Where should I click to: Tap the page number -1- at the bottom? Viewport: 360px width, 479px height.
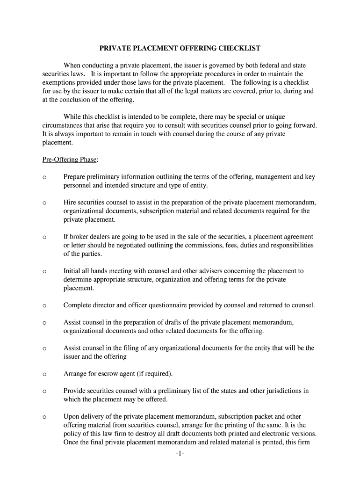point(180,453)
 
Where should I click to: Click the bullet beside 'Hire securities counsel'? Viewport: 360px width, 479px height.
point(44,203)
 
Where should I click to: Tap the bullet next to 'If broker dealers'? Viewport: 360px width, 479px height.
point(44,237)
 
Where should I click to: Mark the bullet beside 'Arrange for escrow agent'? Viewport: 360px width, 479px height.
point(44,374)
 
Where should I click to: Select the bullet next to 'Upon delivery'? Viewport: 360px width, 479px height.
point(44,416)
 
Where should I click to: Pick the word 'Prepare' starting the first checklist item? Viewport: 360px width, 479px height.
point(75,176)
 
